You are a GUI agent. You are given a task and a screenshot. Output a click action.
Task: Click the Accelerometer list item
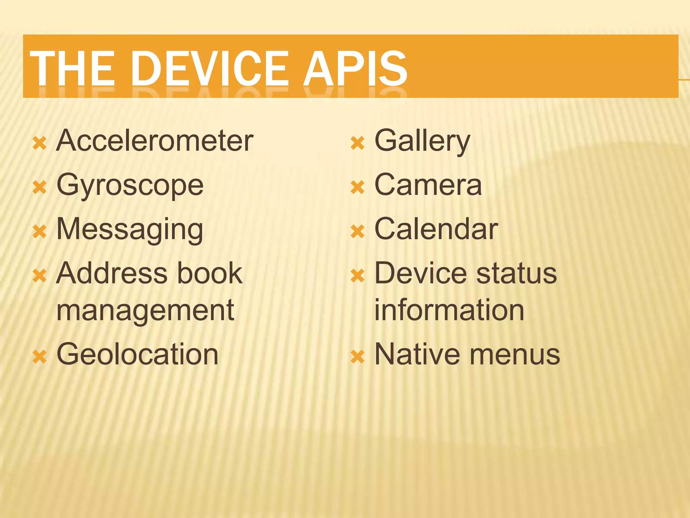[155, 141]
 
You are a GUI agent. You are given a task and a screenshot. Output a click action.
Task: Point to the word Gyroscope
[130, 185]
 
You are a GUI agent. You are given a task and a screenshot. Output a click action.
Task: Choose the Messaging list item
[130, 230]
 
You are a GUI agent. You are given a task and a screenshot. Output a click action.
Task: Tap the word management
[145, 310]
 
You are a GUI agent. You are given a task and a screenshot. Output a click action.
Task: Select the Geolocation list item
[137, 354]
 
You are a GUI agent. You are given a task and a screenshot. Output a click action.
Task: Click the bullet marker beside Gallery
[357, 143]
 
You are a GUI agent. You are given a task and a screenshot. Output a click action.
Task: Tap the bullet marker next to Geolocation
[39, 356]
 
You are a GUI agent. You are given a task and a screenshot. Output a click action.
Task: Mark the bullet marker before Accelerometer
[39, 143]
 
